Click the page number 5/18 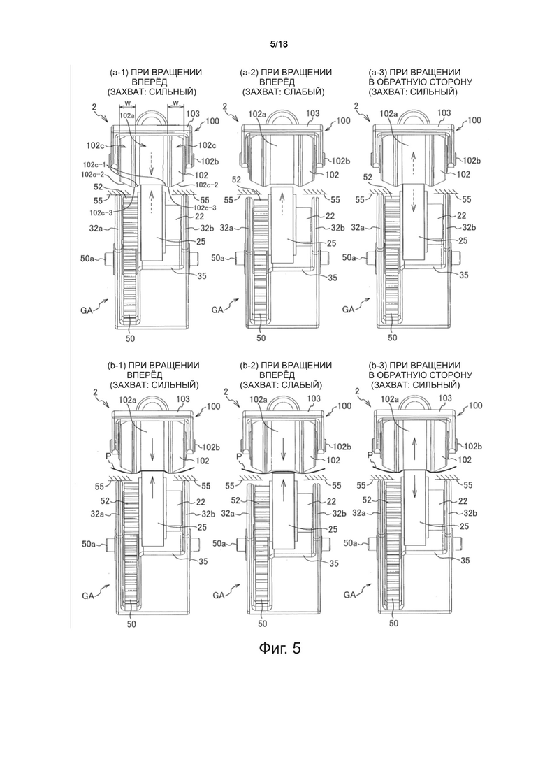279,44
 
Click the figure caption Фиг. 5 279,648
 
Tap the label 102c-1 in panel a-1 93,164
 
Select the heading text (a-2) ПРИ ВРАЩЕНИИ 286,72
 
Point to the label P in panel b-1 108,456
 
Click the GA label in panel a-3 349,309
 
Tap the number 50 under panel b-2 263,624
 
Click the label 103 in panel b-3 445,398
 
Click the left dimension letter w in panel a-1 127,103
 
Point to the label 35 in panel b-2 334,563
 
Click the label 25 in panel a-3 463,240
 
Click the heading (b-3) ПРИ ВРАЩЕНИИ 414,366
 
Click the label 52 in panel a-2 237,180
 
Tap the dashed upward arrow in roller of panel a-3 414,162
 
